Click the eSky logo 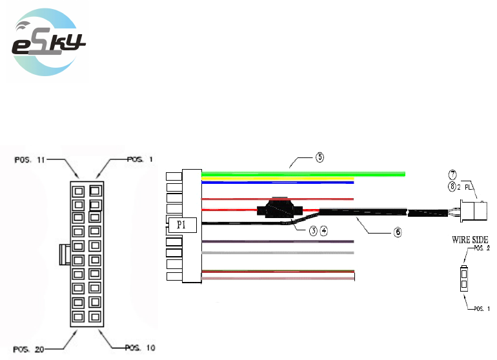[x=48, y=43]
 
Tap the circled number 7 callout [x=453, y=174]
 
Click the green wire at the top [x=303, y=174]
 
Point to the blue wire [x=278, y=183]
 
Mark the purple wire [x=278, y=242]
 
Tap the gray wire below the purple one [x=278, y=253]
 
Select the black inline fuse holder [x=279, y=209]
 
